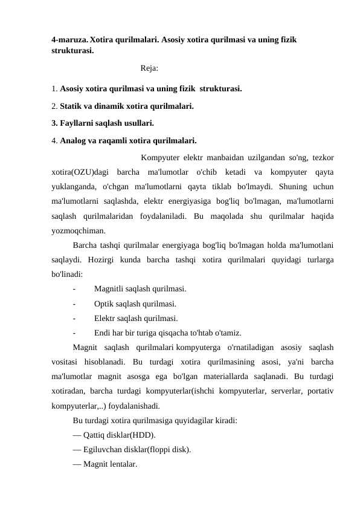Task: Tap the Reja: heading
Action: click(149, 69)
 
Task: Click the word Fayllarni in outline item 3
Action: click(77, 124)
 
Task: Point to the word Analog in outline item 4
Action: click(74, 141)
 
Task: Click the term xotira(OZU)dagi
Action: click(80, 172)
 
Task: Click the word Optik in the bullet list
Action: click(104, 303)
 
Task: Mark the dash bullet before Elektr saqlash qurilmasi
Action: click(74, 318)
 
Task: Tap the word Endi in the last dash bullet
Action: click(103, 332)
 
